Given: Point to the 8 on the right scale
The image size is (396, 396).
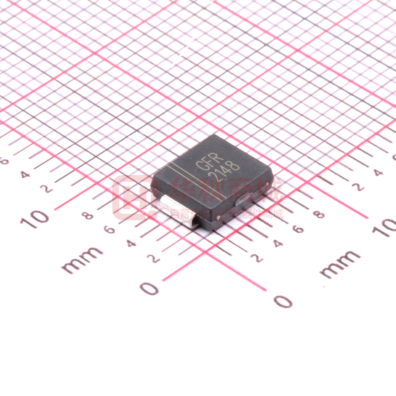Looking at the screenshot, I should (320, 214).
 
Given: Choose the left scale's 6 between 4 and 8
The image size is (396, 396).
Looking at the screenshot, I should (110, 230).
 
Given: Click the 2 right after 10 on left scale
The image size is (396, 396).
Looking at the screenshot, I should (47, 189).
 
